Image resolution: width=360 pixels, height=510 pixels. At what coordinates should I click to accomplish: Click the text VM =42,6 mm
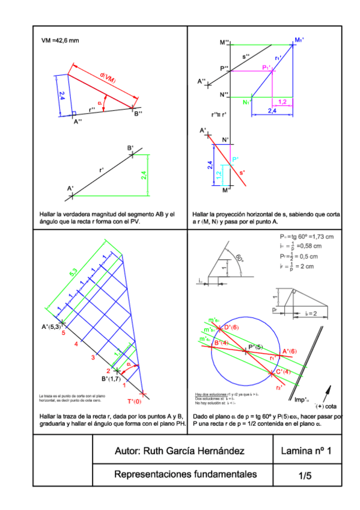[60, 40]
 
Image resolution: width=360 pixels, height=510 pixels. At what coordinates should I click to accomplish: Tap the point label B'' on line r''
[138, 114]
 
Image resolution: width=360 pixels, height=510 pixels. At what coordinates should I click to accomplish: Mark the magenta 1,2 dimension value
[282, 102]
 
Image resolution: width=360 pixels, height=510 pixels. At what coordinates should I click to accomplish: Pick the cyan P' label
[236, 159]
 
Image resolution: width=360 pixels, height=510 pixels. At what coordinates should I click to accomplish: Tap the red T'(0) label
[134, 401]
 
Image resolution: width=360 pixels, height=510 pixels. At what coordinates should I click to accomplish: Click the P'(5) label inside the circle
[257, 347]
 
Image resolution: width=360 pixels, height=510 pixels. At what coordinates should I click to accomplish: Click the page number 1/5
[305, 475]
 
